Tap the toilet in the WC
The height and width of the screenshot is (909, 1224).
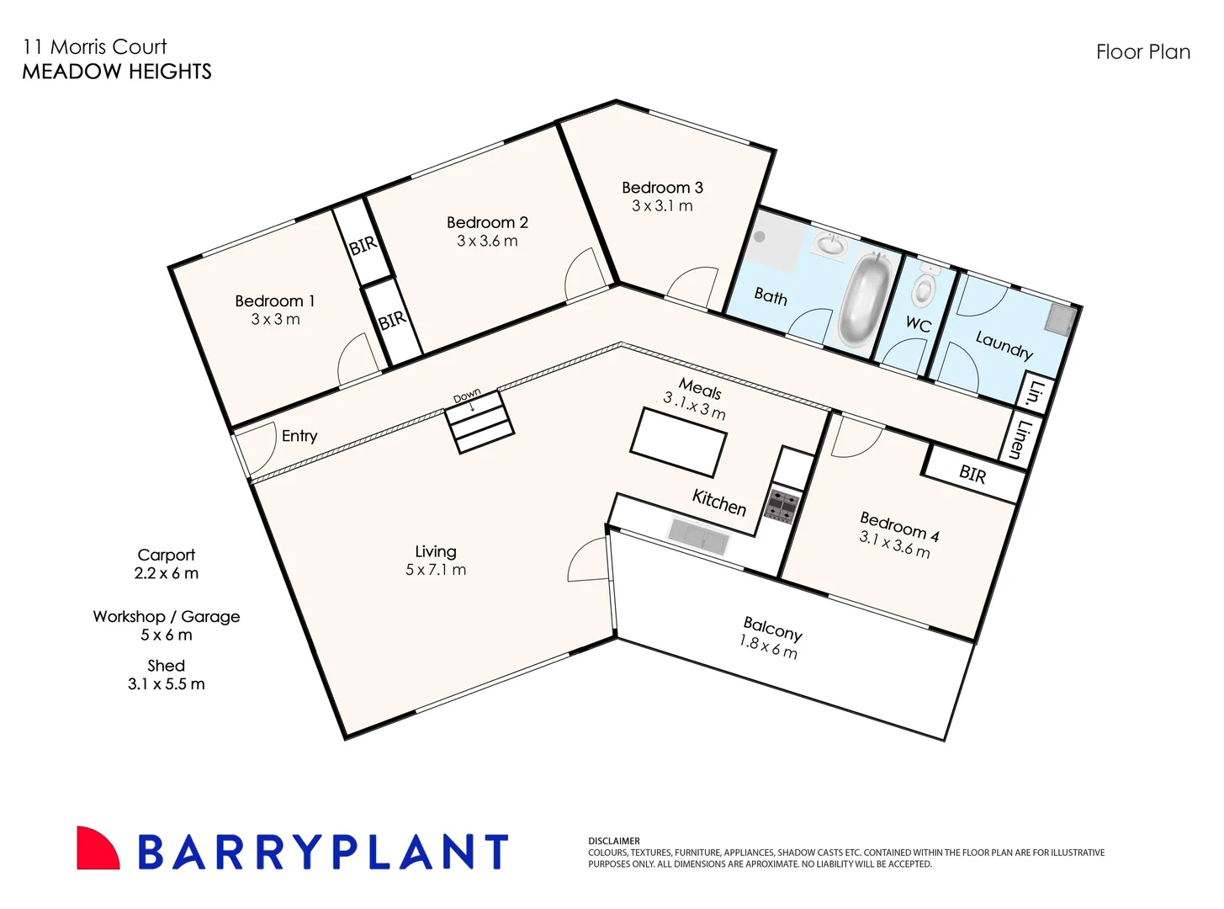tap(925, 286)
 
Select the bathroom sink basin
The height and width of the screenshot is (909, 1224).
tap(830, 246)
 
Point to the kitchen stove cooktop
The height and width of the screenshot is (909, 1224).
tap(782, 506)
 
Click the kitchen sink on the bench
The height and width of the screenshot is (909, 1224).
tap(697, 535)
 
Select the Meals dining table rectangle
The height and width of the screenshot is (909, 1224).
tap(679, 442)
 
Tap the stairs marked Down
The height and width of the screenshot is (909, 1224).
tap(480, 423)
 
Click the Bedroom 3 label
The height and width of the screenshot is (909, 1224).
tap(662, 188)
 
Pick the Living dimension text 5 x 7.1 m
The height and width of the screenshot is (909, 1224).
tap(435, 570)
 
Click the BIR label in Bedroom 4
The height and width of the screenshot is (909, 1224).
tap(972, 475)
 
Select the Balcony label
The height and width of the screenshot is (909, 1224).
tap(772, 628)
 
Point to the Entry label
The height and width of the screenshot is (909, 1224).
tap(299, 436)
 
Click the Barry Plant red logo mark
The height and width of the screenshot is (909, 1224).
tap(97, 848)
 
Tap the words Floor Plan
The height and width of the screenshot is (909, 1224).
tap(1142, 52)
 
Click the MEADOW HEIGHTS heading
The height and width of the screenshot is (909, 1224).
tap(117, 72)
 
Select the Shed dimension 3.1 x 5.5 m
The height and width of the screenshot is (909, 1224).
tap(166, 684)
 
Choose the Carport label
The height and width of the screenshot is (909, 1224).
tap(166, 555)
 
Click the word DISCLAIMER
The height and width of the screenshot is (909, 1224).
tap(614, 841)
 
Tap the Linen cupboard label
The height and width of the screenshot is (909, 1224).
tap(1024, 439)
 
